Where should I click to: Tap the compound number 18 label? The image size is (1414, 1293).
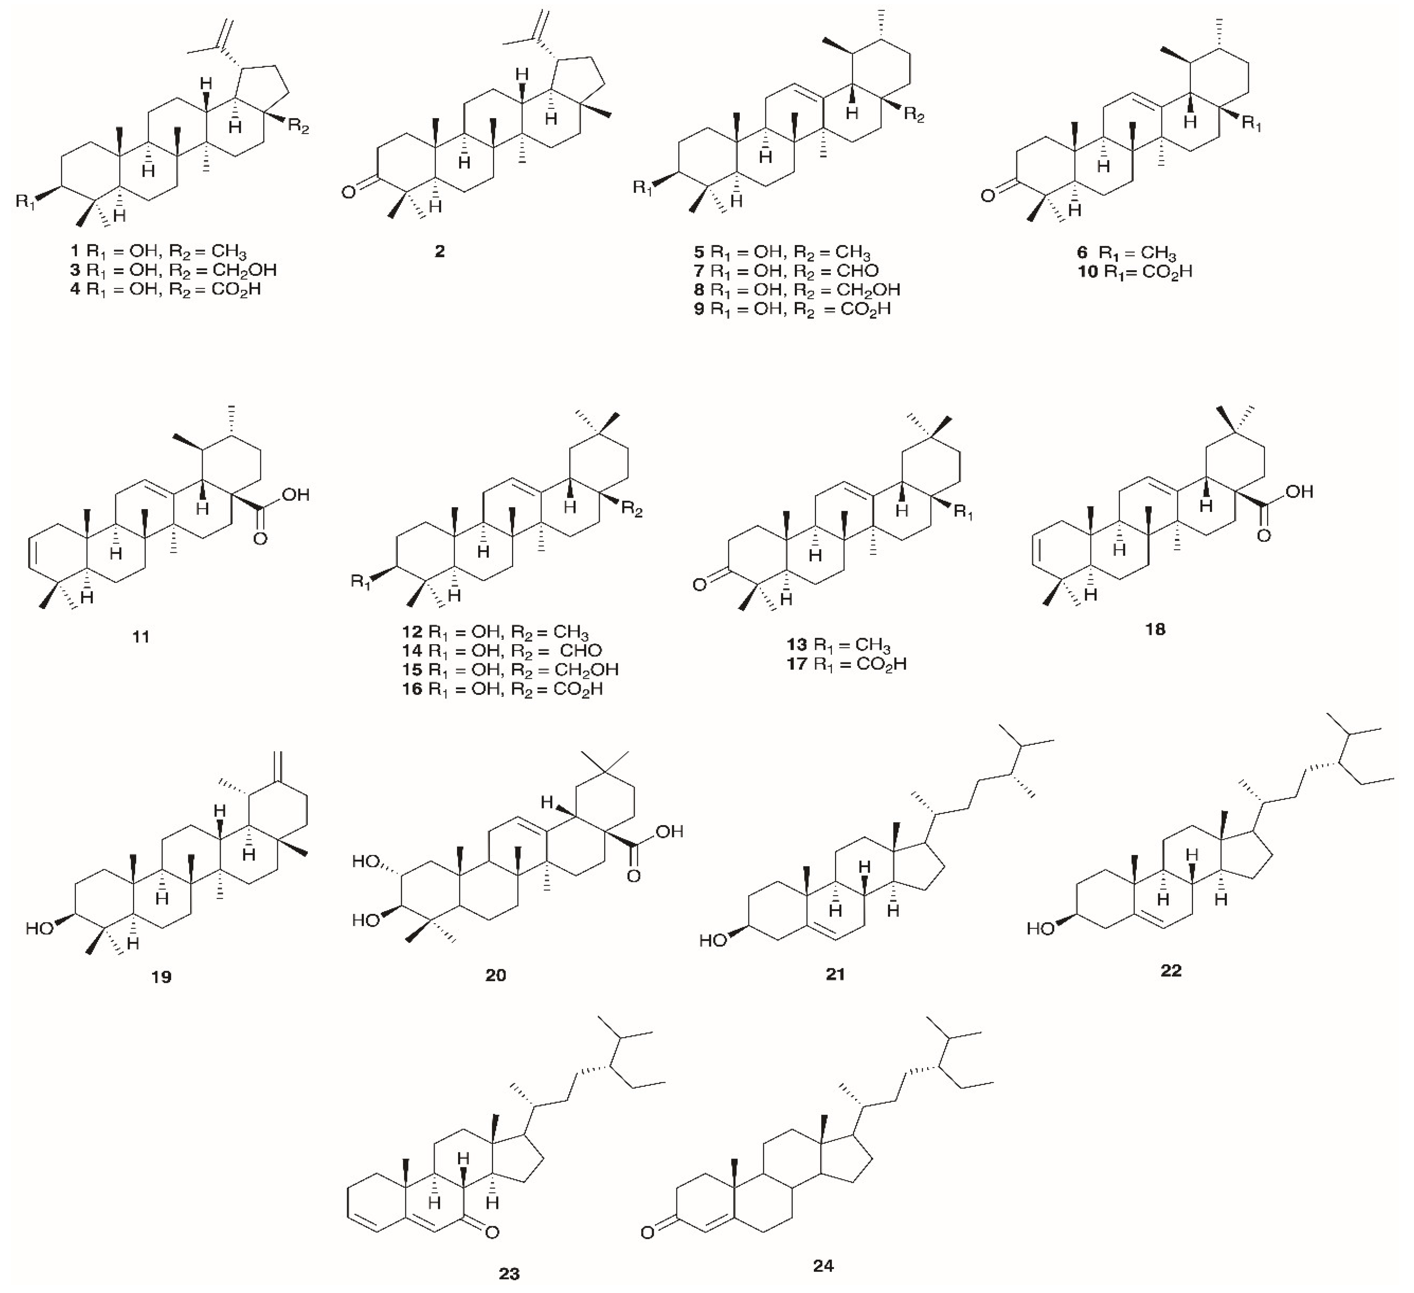pyautogui.click(x=1155, y=629)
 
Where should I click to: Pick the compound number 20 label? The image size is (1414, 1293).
pyautogui.click(x=495, y=975)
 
